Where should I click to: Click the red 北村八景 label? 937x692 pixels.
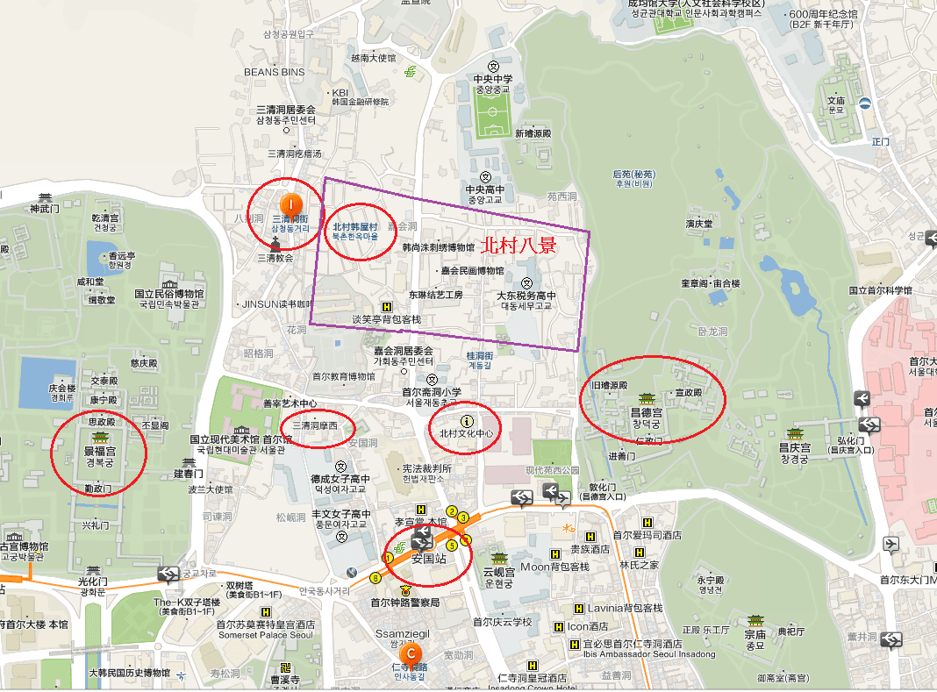coord(519,245)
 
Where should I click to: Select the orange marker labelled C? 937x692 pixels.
coord(410,653)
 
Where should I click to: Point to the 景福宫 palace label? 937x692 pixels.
coord(99,452)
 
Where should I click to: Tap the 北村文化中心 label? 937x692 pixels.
coord(467,433)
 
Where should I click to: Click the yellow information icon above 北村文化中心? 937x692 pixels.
coord(466,421)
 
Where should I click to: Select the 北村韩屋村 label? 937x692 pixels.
coord(354,227)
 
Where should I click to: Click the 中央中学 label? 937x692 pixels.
coord(493,79)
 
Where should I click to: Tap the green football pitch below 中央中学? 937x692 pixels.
coord(493,117)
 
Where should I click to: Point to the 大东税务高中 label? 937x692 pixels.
coord(526,296)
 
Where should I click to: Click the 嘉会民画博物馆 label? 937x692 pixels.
coord(473,271)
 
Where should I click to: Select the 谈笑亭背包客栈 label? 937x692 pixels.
coord(386,319)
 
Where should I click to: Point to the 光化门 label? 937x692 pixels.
coord(92,581)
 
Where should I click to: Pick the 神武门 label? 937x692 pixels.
coord(42,209)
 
